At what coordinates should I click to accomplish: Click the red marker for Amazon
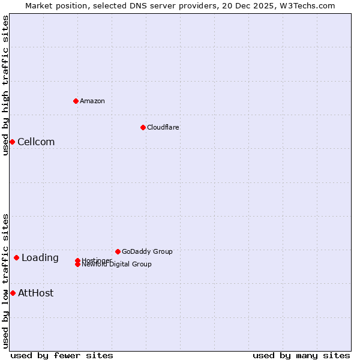76,101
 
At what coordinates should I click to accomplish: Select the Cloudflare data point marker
143,127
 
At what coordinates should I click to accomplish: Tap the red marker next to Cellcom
12,142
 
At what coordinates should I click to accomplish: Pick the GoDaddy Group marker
118,251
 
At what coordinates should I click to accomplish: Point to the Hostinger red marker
78,260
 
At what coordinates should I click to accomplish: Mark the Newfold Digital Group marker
78,265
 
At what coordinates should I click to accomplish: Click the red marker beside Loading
16,258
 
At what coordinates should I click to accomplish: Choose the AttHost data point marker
13,293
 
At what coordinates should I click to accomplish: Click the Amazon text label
92,101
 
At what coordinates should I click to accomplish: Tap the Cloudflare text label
163,127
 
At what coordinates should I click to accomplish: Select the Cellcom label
36,142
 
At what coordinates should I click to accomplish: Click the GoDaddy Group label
147,251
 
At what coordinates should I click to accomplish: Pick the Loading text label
40,258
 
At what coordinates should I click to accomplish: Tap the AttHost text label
35,293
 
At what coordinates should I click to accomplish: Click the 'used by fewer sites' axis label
62,355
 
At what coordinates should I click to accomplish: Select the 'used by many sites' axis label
301,355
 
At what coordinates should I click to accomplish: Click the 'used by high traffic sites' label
5,85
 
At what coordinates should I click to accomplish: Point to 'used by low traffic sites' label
5,280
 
